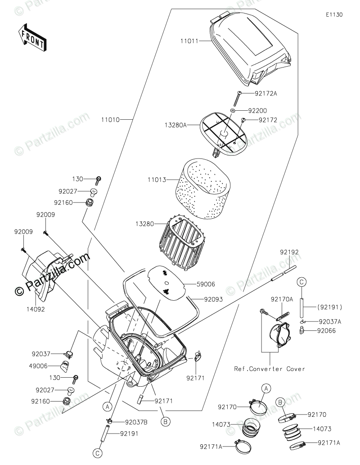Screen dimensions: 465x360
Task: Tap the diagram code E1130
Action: pyautogui.click(x=335, y=14)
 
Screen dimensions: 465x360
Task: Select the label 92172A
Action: pyautogui.click(x=266, y=94)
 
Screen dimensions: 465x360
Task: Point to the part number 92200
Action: pyautogui.click(x=258, y=110)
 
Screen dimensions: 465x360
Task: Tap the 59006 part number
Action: pyautogui.click(x=206, y=284)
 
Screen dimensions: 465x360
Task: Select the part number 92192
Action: pyautogui.click(x=289, y=253)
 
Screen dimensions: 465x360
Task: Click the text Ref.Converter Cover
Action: pyautogui.click(x=270, y=369)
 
